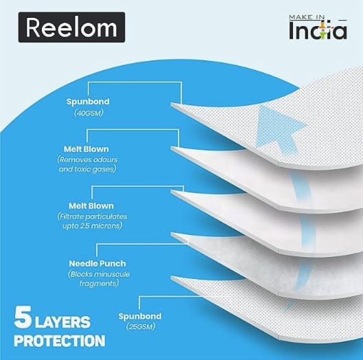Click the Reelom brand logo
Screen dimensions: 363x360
click(71, 27)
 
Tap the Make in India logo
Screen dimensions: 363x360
click(318, 27)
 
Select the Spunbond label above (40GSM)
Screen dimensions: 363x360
click(88, 102)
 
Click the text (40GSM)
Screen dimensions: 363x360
click(89, 113)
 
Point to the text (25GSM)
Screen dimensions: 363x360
click(141, 326)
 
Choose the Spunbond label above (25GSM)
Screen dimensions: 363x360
click(140, 316)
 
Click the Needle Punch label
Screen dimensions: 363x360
click(97, 264)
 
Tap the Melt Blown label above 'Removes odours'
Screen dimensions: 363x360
click(86, 149)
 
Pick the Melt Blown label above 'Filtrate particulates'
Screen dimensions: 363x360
click(91, 206)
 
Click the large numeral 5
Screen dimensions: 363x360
click(23, 317)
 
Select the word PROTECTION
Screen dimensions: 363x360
click(60, 341)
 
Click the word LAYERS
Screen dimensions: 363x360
click(62, 322)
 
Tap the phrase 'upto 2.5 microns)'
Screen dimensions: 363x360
click(93, 226)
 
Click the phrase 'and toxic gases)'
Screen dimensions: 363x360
click(87, 169)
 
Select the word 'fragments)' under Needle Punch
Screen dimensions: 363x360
click(99, 283)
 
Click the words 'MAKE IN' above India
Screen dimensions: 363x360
click(307, 17)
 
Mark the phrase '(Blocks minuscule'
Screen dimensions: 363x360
click(99, 274)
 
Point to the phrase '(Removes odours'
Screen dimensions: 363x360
click(87, 159)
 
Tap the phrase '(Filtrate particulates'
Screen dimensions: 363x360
click(92, 216)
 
